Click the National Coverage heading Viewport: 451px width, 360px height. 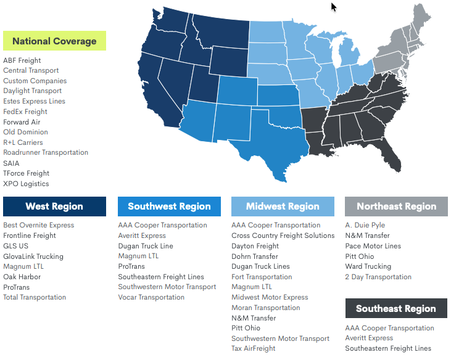click(54, 41)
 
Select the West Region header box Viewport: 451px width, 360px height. click(54, 207)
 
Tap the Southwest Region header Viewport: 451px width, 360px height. click(169, 207)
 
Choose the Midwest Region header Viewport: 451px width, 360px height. click(283, 207)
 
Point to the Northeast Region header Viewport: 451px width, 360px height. click(396, 207)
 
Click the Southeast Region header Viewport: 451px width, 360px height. click(396, 309)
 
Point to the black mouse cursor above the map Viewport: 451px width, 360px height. click(334, 7)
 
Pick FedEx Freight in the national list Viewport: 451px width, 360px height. click(25, 112)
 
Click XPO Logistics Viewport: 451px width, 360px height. click(26, 184)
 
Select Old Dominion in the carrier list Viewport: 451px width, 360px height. click(25, 132)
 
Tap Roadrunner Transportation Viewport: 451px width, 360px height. click(46, 152)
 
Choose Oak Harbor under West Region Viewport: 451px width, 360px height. click(22, 277)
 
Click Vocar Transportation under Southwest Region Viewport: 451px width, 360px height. click(151, 297)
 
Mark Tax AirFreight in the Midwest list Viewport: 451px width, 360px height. click(253, 348)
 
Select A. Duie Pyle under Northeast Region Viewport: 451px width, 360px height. click(365, 225)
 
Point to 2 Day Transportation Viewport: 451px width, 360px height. click(378, 277)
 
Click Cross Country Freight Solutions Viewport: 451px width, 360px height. click(283, 235)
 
